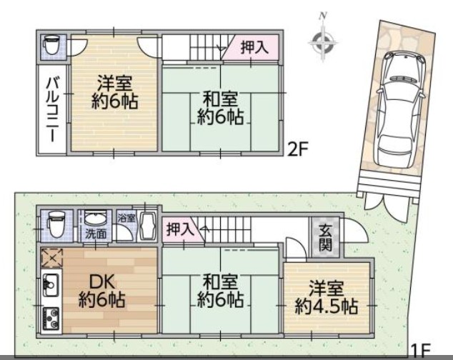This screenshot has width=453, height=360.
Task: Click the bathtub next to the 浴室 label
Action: point(147,226)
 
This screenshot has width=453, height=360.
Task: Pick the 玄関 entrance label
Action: point(325,237)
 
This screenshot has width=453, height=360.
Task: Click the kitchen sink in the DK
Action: point(51,285)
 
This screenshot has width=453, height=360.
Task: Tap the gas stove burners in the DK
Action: point(51,319)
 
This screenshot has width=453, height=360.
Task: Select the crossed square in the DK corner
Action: point(51,258)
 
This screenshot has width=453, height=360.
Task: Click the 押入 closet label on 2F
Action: point(255,47)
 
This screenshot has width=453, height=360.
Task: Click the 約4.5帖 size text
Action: point(326,307)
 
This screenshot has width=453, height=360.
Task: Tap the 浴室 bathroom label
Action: point(126,218)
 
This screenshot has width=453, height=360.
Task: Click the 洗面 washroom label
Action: point(95,234)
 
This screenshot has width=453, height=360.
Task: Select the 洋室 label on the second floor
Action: point(115,83)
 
